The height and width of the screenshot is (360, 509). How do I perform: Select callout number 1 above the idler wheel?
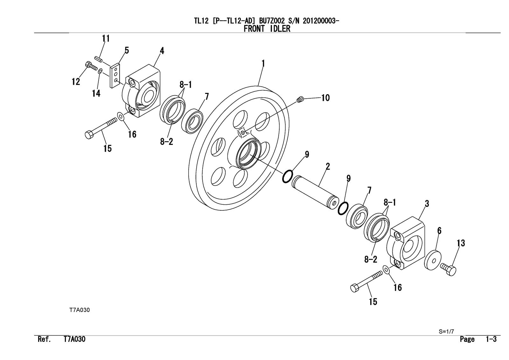263,64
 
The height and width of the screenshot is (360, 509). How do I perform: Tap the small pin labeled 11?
98,59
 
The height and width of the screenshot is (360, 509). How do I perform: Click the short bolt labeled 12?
91,66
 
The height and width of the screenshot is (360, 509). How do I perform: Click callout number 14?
96,93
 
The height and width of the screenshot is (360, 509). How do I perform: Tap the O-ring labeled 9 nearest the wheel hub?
287,176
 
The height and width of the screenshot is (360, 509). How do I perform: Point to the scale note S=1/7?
446,331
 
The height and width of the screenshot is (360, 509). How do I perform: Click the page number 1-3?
491,339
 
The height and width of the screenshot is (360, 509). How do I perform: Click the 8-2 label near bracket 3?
371,259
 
